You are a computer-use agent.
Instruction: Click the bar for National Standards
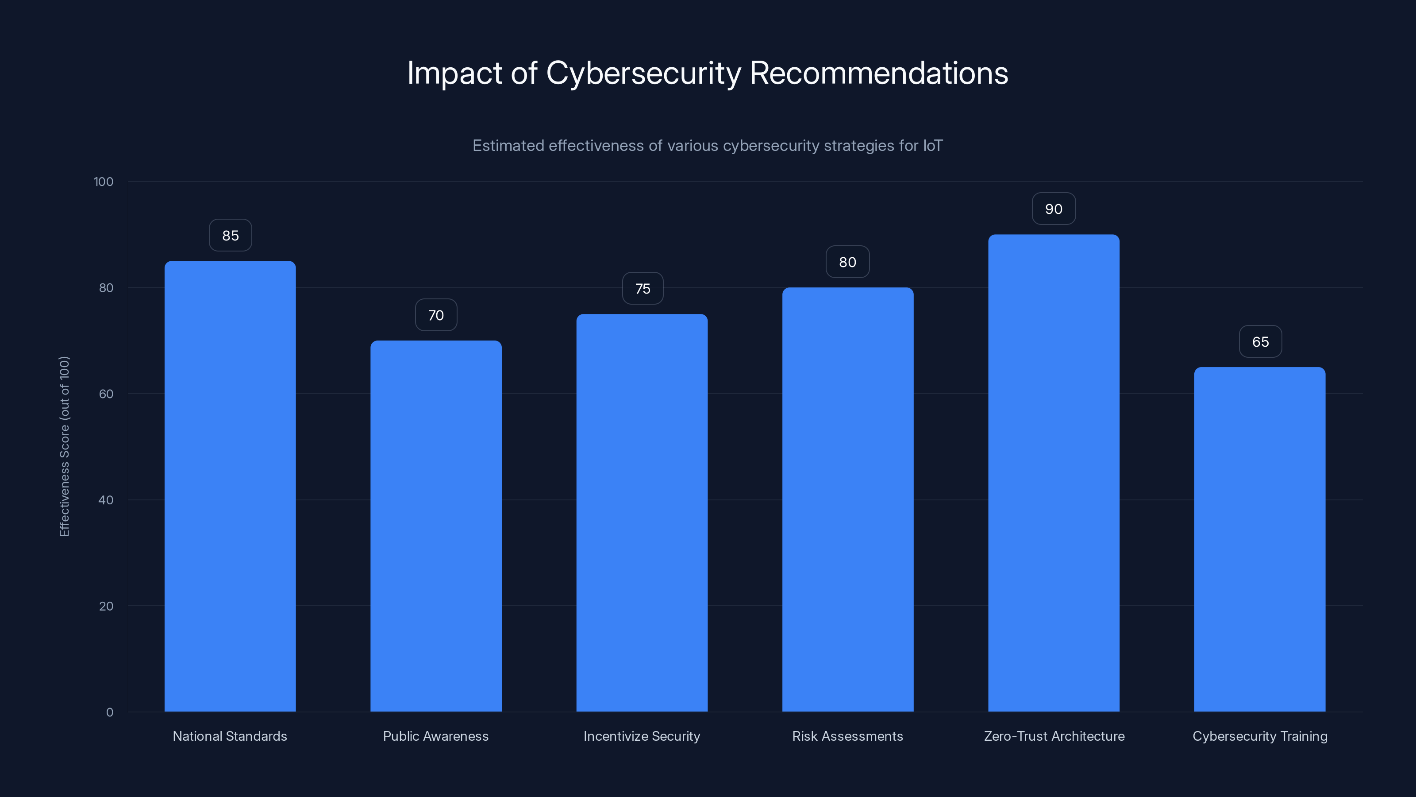click(x=230, y=486)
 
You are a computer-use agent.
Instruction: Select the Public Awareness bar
click(x=436, y=526)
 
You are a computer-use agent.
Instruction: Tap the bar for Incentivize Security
click(x=642, y=513)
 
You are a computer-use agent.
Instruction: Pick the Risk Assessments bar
click(x=848, y=499)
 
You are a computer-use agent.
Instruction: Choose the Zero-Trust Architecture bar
click(x=1053, y=473)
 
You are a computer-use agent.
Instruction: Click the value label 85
click(x=230, y=236)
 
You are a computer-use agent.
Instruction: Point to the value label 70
click(x=436, y=315)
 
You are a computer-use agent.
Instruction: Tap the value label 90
click(x=1053, y=209)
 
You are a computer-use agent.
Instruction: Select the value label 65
click(x=1260, y=341)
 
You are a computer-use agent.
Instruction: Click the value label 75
click(x=643, y=289)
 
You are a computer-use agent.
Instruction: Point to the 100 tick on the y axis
click(x=104, y=182)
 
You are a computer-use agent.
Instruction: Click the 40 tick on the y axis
click(x=106, y=500)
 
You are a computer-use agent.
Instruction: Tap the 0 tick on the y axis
click(x=109, y=712)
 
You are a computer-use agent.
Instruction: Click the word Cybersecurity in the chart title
click(x=643, y=73)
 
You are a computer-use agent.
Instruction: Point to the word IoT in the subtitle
click(x=932, y=146)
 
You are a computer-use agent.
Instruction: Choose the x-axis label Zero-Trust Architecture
click(x=1054, y=736)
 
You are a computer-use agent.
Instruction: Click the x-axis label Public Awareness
click(x=435, y=736)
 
